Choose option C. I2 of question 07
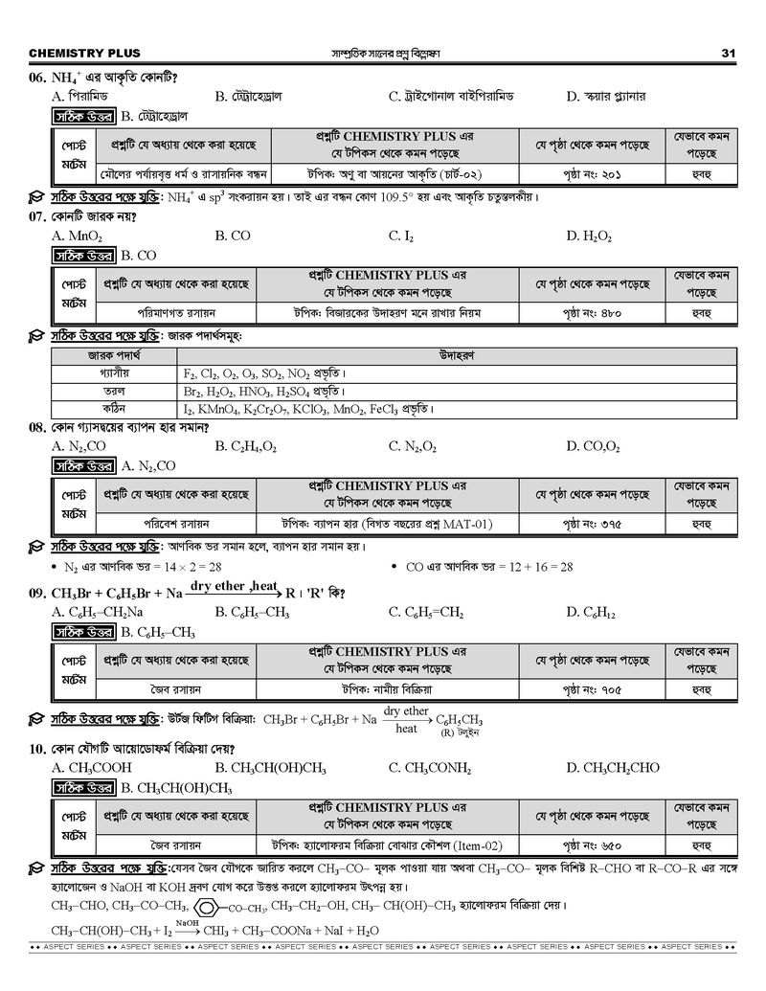click(x=401, y=236)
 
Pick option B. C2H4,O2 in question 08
click(x=246, y=446)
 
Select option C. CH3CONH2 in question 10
click(x=430, y=767)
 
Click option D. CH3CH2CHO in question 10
click(x=612, y=767)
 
